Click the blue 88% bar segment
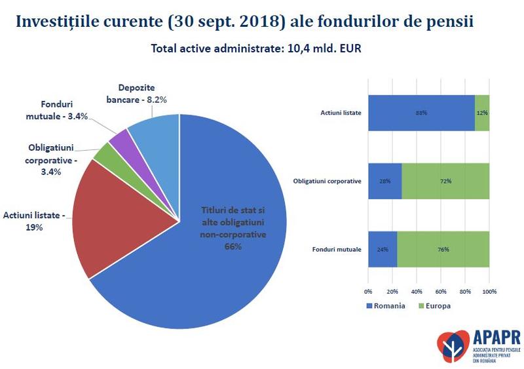(x=421, y=113)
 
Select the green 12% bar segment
(x=482, y=113)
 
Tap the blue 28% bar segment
(x=384, y=181)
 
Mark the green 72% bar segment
(x=445, y=181)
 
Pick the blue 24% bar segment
(x=382, y=249)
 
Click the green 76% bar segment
(x=443, y=249)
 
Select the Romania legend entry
(x=386, y=305)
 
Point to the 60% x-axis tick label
(x=441, y=291)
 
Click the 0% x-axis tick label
(x=368, y=291)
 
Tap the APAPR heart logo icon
(x=453, y=345)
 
